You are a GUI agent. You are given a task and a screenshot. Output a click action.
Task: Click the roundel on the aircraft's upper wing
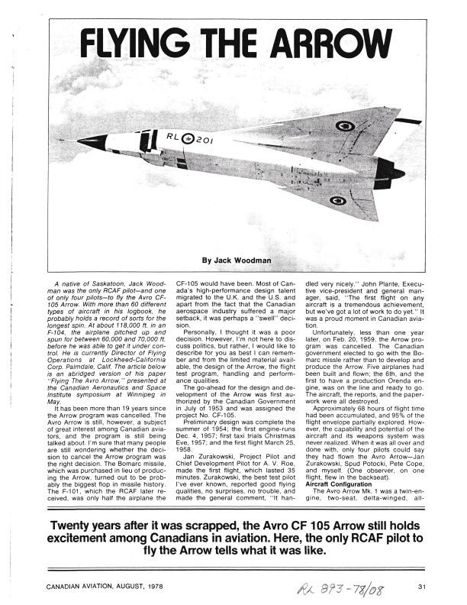[x=345, y=125]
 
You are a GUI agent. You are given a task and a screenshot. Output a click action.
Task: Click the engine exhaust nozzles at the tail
[x=398, y=176]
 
